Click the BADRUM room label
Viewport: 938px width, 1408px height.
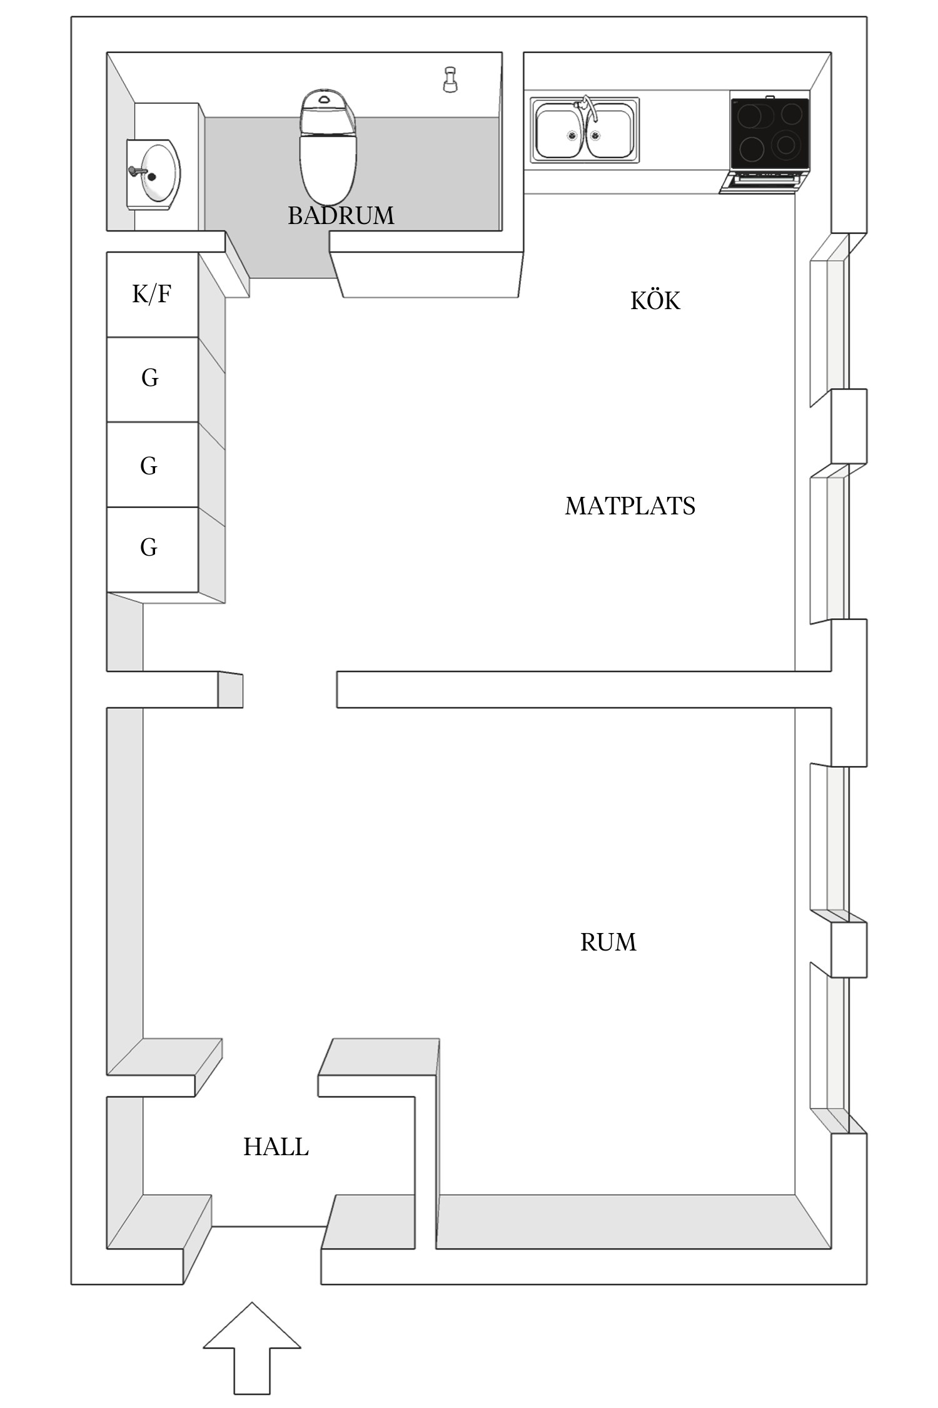coord(341,216)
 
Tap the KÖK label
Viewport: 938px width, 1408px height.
coord(655,301)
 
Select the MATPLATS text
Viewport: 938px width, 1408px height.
coord(630,506)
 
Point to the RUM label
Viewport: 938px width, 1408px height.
coord(608,942)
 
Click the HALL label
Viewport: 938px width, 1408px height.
coord(276,1147)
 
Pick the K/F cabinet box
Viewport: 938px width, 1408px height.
coord(152,294)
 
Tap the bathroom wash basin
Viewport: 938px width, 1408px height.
coord(156,173)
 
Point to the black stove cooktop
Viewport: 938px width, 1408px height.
coord(769,133)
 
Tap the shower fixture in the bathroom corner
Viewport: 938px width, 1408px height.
coord(449,79)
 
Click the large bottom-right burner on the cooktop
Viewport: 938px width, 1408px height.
coord(786,145)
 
